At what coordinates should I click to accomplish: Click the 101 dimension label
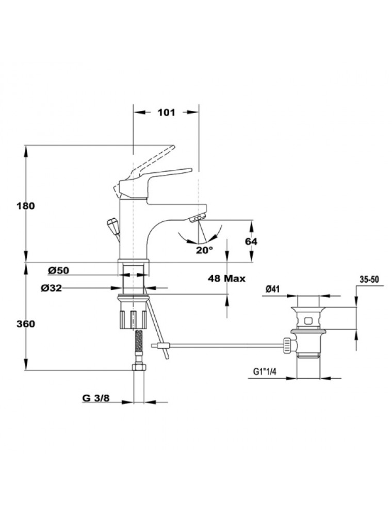point(166,112)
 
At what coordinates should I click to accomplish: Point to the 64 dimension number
point(251,241)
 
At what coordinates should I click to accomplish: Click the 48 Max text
point(226,278)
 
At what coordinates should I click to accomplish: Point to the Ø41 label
point(273,290)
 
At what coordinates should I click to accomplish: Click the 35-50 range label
point(369,279)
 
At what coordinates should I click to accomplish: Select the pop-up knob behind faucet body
point(111,225)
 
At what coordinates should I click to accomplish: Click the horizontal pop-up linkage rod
point(222,345)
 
